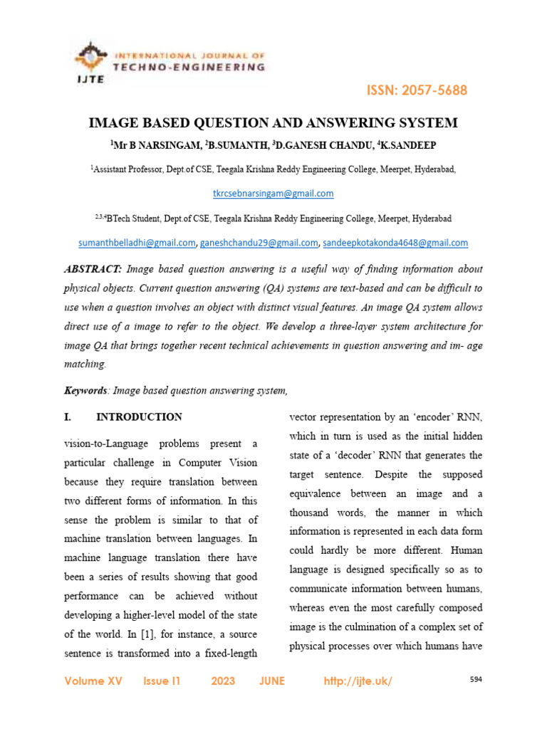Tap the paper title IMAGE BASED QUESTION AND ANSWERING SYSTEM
point(273,123)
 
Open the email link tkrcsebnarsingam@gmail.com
point(273,194)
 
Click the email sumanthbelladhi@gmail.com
point(137,243)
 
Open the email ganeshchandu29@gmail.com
point(259,243)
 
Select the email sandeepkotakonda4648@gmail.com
point(395,243)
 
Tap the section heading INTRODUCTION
point(139,417)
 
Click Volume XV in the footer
point(93,681)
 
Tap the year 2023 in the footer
point(223,681)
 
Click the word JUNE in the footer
point(272,681)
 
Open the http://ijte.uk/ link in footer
point(358,681)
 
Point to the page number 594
point(476,680)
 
